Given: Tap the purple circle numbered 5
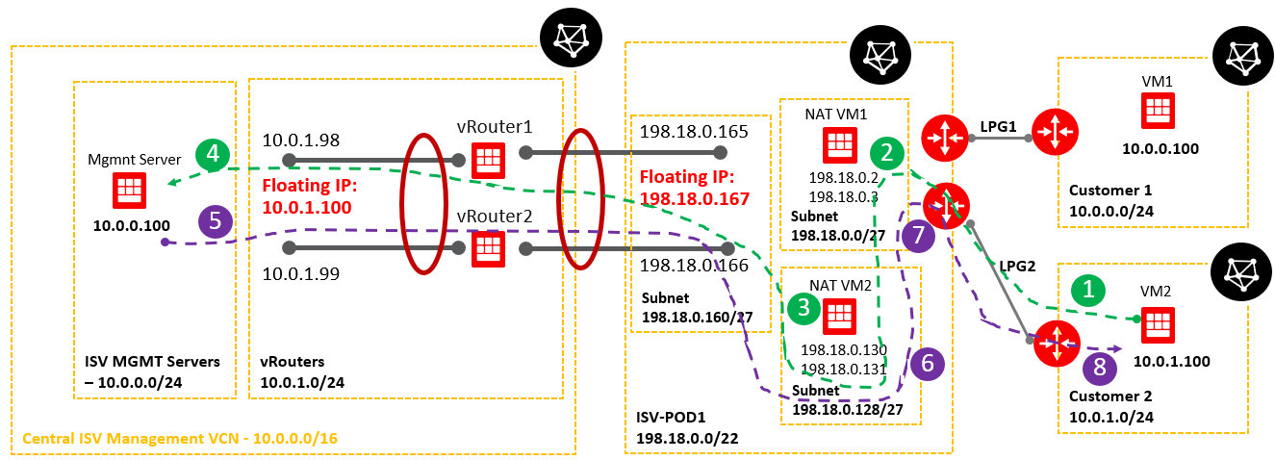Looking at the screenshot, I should tap(216, 220).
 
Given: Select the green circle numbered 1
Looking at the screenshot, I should tap(1088, 290).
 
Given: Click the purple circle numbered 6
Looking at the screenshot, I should tap(928, 362).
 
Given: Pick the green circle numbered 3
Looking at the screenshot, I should tap(804, 308).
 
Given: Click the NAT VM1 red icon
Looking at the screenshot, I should tap(837, 145).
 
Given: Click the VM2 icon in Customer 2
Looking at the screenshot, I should tap(1156, 325).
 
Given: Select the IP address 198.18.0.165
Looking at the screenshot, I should tap(687, 130).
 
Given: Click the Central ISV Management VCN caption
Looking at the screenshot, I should tap(180, 439).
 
